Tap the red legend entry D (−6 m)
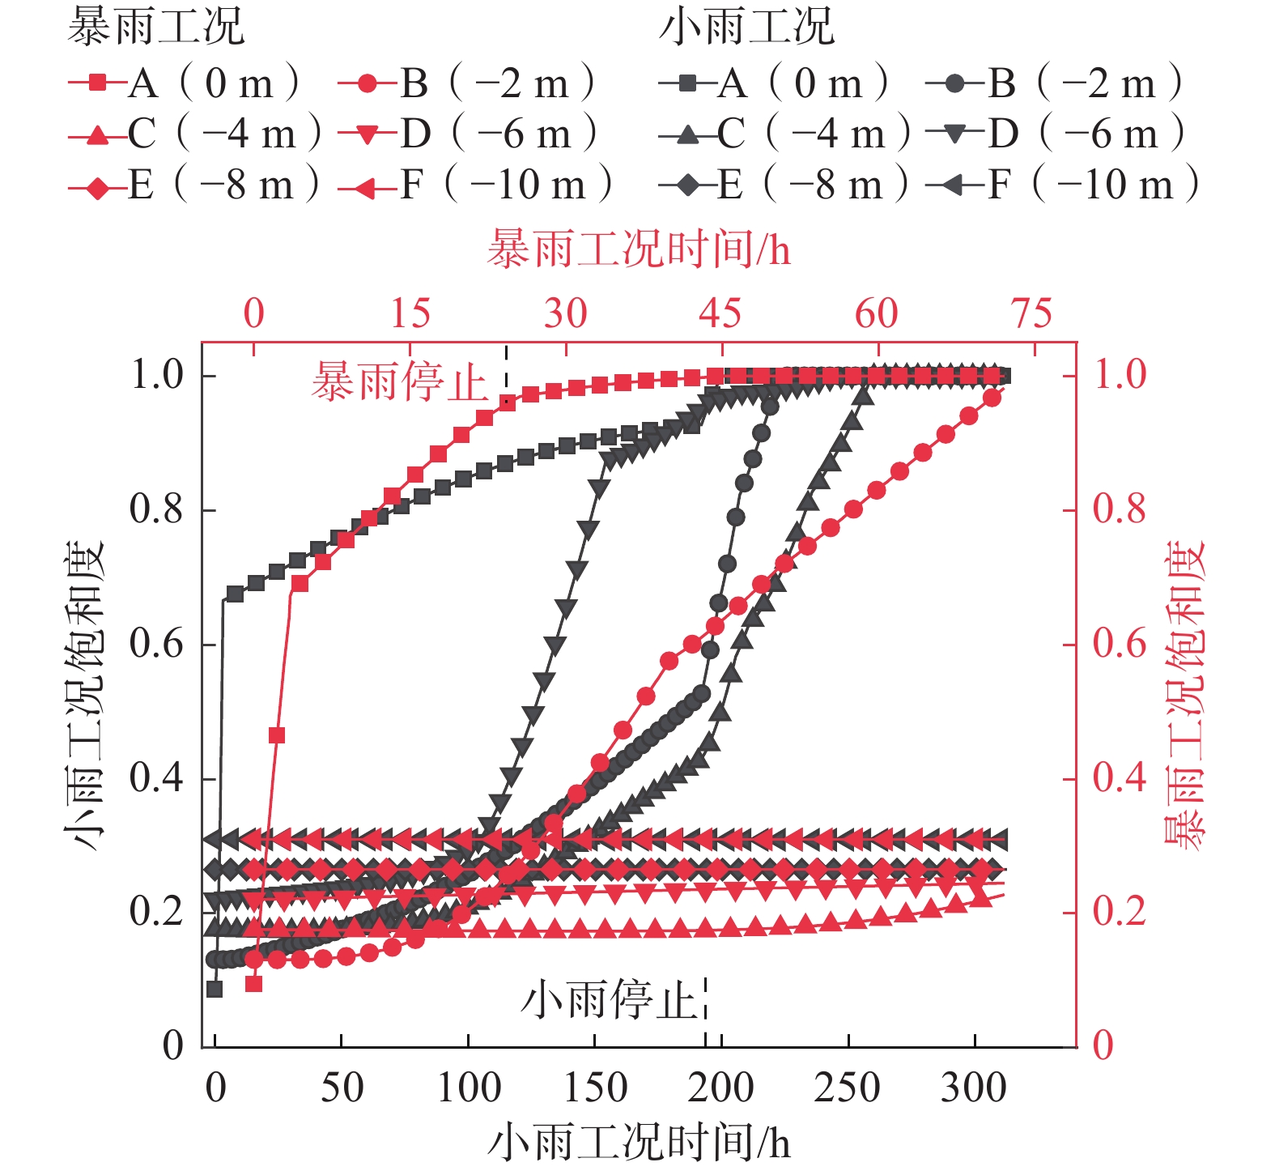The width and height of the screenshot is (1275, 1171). [468, 134]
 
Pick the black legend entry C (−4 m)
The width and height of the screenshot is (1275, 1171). [784, 134]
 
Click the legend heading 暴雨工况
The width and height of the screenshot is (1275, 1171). [155, 27]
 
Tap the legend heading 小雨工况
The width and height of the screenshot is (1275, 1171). [746, 27]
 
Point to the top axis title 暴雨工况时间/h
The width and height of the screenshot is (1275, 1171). [639, 249]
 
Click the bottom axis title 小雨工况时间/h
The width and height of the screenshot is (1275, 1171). [639, 1143]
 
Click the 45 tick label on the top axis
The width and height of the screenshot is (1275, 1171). [720, 313]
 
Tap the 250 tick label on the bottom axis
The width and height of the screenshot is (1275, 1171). [847, 1088]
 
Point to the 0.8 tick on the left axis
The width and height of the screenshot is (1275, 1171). [160, 510]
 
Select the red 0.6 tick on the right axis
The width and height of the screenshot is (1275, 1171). [1120, 645]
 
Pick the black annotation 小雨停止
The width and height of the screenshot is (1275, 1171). [609, 999]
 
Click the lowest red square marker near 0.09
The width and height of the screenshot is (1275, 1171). [253, 984]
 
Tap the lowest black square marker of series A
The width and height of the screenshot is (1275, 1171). [215, 989]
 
